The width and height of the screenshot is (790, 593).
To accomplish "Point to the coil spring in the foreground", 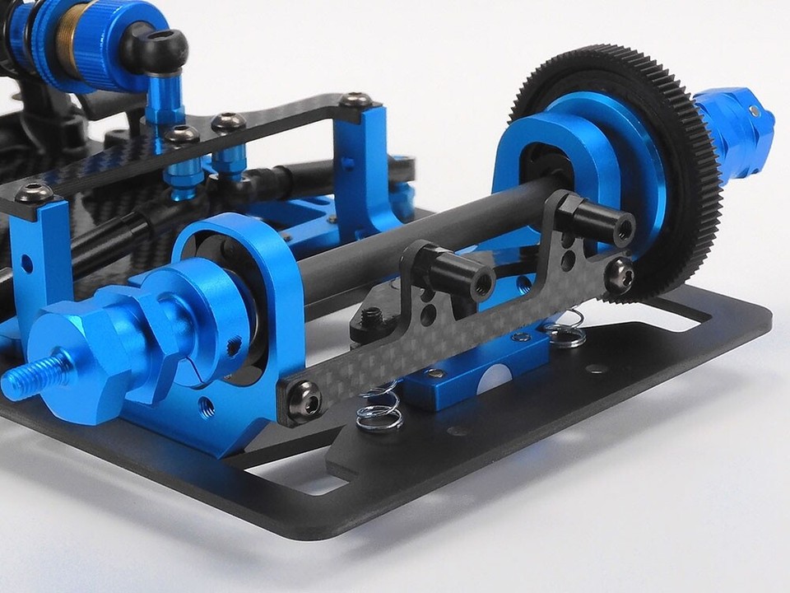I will [379, 408].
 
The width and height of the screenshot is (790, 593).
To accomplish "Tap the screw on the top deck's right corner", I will [355, 101].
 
